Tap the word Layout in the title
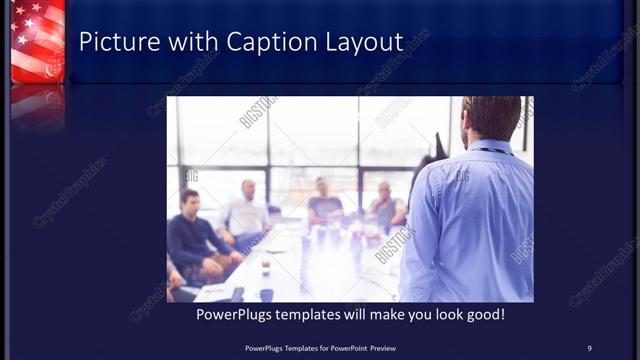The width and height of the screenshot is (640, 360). pyautogui.click(x=361, y=42)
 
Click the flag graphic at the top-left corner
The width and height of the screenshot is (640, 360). pyautogui.click(x=37, y=40)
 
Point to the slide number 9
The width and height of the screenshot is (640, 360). pyautogui.click(x=589, y=347)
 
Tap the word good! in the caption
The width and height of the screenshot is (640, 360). pyautogui.click(x=483, y=315)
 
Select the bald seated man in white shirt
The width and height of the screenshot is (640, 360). pyautogui.click(x=247, y=211)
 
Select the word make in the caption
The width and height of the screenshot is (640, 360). pyautogui.click(x=377, y=315)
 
